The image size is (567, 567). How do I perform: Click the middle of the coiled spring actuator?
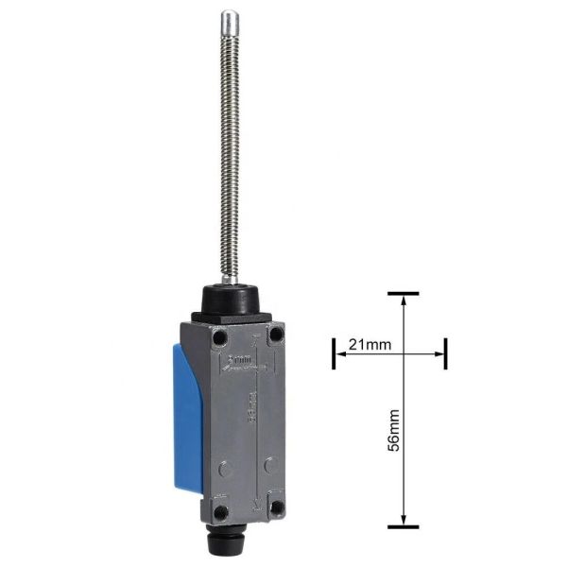pos(229,151)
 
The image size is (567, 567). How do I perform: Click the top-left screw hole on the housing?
pos(219,336)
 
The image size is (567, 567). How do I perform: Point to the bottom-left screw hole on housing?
pos(219,511)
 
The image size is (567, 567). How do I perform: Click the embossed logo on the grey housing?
pos(242,361)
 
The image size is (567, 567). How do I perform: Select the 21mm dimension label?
pos(369,345)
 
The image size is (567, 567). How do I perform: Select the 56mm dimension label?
pos(392,430)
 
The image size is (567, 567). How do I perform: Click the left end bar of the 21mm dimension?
pos(333,355)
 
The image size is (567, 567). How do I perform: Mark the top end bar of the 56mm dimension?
pos(404,294)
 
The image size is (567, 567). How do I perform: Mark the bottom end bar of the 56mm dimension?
pos(404,526)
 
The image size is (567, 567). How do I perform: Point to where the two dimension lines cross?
pos(404,355)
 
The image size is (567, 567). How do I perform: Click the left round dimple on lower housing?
pos(222,465)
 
